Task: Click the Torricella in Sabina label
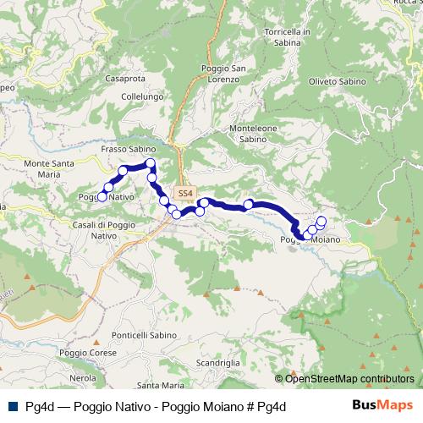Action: pyautogui.click(x=288, y=36)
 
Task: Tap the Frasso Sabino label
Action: pyautogui.click(x=125, y=148)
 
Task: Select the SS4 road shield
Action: pyautogui.click(x=186, y=192)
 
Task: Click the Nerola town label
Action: pyautogui.click(x=82, y=377)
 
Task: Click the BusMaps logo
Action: pyautogui.click(x=382, y=406)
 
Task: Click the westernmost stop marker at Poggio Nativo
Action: pyautogui.click(x=102, y=196)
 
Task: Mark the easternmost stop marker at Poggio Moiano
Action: pyautogui.click(x=321, y=222)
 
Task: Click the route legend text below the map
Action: pyautogui.click(x=153, y=407)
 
